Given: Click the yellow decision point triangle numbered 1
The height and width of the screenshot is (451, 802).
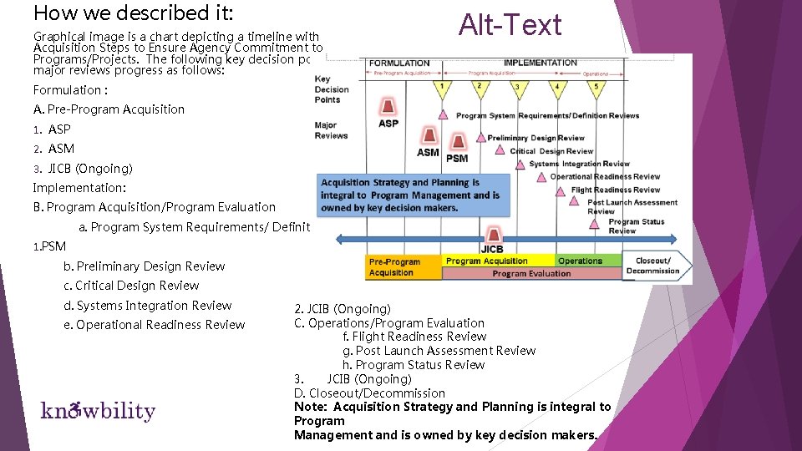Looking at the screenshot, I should [443, 86].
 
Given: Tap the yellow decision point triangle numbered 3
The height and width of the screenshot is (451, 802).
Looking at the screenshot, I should [517, 87].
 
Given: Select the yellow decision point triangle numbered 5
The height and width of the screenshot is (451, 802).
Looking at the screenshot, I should [596, 87].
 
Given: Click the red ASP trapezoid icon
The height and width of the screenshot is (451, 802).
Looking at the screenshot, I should [388, 106].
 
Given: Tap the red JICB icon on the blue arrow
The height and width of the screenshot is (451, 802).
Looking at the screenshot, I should [493, 235].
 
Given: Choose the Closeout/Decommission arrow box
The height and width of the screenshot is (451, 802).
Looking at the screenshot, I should [657, 266].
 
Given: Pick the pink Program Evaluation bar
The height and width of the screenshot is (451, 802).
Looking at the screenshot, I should [531, 273].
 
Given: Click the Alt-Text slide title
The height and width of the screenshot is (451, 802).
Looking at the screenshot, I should [510, 25].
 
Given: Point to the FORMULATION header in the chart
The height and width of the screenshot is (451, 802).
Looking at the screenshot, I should [399, 63].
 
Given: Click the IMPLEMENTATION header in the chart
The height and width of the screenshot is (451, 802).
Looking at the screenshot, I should [541, 63].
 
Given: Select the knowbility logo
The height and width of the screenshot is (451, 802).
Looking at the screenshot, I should [98, 411].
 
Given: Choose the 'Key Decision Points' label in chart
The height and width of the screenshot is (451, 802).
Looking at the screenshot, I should [332, 89].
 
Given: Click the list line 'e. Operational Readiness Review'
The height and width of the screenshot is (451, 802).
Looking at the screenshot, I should [155, 325].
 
